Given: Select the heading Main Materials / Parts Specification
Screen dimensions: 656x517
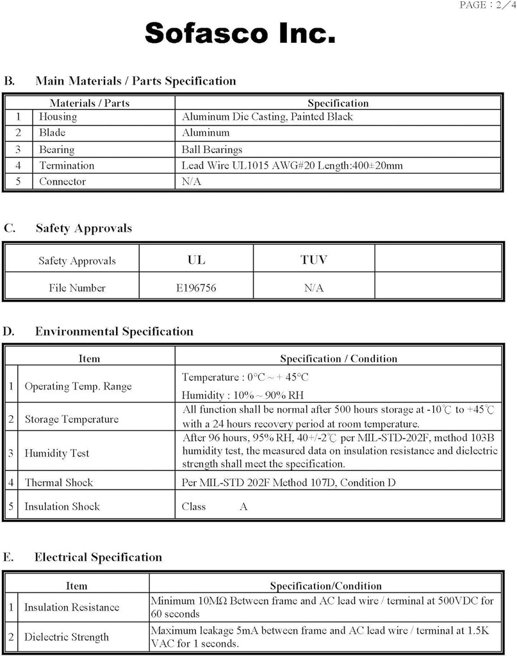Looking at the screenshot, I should click(135, 81).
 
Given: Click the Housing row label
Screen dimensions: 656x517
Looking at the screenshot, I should click(58, 117).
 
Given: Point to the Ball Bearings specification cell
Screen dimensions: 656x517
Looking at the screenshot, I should click(212, 149).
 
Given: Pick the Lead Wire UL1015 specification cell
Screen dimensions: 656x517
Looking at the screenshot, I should click(292, 165).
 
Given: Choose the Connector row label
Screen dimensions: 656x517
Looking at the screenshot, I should click(62, 181).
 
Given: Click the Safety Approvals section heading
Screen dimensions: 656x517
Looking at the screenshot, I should click(83, 228).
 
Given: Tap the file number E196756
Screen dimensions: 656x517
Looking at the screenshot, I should click(196, 288).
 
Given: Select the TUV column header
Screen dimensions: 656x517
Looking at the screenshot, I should click(313, 259).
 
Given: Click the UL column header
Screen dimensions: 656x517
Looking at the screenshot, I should click(196, 259).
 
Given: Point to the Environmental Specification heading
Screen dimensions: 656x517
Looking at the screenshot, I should click(114, 331).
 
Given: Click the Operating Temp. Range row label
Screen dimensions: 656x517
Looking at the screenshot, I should click(78, 386).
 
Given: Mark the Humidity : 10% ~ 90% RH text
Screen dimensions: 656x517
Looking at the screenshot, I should click(242, 395).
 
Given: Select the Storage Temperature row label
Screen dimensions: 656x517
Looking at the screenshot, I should click(72, 419).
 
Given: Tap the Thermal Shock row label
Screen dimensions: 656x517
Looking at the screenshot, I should click(59, 482).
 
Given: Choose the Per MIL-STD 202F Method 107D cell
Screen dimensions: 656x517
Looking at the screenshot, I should click(288, 482).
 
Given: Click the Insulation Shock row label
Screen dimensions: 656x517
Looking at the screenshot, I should click(62, 506).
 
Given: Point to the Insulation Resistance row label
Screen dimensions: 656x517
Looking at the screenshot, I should click(72, 607).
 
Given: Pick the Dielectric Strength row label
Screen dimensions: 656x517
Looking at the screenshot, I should click(67, 637).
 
